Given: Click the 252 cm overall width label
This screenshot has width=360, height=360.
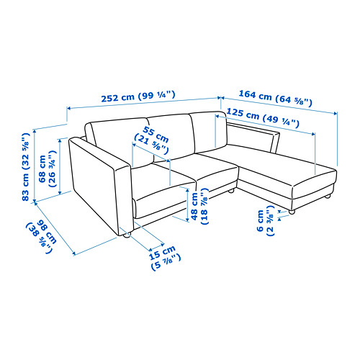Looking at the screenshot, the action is tap(138, 96).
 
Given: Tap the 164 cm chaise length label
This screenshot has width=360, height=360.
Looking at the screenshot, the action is tap(276, 98).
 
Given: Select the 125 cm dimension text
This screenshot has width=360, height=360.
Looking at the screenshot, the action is tap(263, 118).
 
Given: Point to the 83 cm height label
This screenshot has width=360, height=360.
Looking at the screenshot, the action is tap(25, 166).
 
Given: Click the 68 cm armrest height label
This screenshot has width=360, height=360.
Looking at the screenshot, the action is tap(48, 168).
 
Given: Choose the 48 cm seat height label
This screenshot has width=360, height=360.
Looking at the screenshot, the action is tap(200, 206).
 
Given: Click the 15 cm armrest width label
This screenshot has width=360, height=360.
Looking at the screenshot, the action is tap(164, 257).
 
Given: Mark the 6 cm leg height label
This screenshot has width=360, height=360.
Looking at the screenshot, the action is tap(266, 220).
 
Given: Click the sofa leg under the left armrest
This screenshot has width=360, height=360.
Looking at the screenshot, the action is tap(127, 235).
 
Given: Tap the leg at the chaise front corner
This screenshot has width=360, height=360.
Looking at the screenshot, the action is tap(292, 212).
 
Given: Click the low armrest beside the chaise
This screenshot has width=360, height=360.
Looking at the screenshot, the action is tap(254, 137).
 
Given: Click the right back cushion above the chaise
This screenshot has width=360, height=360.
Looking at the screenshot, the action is tap(208, 132).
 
